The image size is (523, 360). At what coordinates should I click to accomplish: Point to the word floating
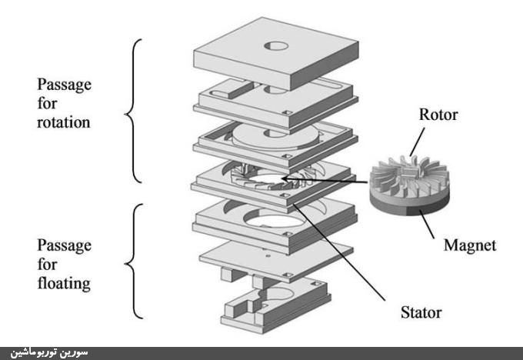click(x=62, y=284)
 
